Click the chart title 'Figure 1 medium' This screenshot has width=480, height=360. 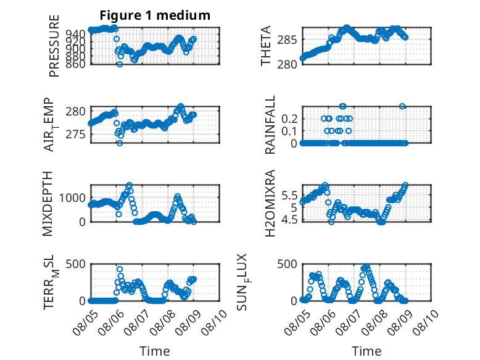(x=155, y=15)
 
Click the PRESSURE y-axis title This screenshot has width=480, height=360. (x=54, y=46)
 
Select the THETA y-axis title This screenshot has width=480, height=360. (x=266, y=46)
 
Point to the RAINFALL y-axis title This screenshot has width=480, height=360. (x=270, y=125)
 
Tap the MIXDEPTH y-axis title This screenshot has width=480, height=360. (x=48, y=204)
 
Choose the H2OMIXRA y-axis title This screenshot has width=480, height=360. (x=270, y=203)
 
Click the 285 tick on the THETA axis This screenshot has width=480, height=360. (x=287, y=40)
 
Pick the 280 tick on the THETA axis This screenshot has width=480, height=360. (x=287, y=65)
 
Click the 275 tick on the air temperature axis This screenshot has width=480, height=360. (x=75, y=135)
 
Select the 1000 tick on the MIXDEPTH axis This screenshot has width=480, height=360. (x=72, y=198)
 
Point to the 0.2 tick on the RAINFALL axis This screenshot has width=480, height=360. (x=289, y=119)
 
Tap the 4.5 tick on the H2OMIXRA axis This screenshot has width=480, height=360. (x=289, y=220)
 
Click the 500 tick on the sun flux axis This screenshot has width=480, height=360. (x=287, y=264)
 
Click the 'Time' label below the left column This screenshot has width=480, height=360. (x=155, y=351)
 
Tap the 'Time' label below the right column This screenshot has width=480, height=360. (x=366, y=351)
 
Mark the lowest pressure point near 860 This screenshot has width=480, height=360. (x=120, y=64)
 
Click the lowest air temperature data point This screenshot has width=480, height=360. (x=120, y=143)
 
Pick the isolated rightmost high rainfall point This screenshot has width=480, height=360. (x=402, y=106)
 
